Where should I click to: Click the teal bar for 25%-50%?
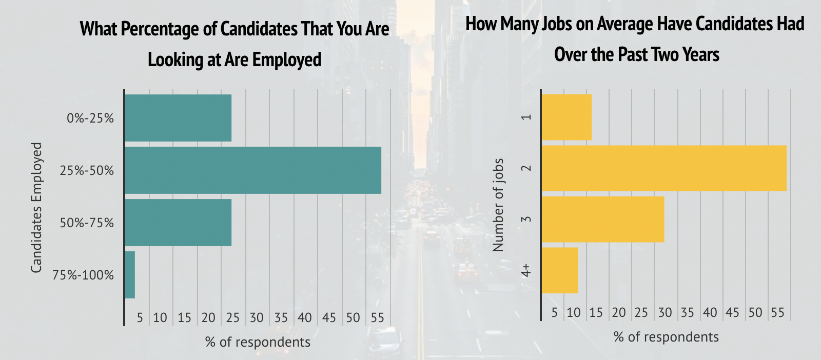(x=253, y=170)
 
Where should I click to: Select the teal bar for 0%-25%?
(x=178, y=118)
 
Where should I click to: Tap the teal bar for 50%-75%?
(x=178, y=223)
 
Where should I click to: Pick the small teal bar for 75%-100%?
(x=130, y=275)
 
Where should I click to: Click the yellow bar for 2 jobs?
(x=664, y=168)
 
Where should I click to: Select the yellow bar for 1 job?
(x=566, y=117)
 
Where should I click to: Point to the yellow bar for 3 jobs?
(x=603, y=219)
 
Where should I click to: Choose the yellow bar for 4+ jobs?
(x=560, y=270)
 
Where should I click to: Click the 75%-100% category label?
(x=83, y=275)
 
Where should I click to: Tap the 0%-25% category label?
(x=90, y=118)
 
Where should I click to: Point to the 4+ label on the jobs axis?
(x=526, y=271)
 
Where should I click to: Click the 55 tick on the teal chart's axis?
(x=377, y=318)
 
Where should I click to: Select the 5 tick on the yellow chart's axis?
(x=554, y=313)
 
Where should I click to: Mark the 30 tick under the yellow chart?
(x=665, y=313)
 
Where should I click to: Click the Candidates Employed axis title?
(x=36, y=208)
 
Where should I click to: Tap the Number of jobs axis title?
(x=498, y=205)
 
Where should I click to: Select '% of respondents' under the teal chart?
(x=258, y=342)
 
